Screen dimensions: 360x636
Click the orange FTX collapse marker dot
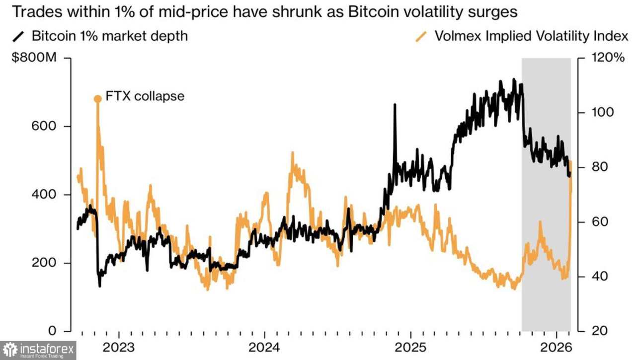click(x=98, y=99)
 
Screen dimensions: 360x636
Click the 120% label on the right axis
click(x=607, y=58)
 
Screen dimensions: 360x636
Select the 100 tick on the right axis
click(x=603, y=112)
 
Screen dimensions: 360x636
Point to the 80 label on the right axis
click(x=600, y=167)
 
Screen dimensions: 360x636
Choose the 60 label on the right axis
click(x=600, y=221)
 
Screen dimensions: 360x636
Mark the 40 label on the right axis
click(x=600, y=276)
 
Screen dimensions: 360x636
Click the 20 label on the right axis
click(x=600, y=331)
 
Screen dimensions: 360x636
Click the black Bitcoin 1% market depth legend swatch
click(x=19, y=36)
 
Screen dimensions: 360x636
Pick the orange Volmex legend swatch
click(x=422, y=36)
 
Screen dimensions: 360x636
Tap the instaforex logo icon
click(x=10, y=350)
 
